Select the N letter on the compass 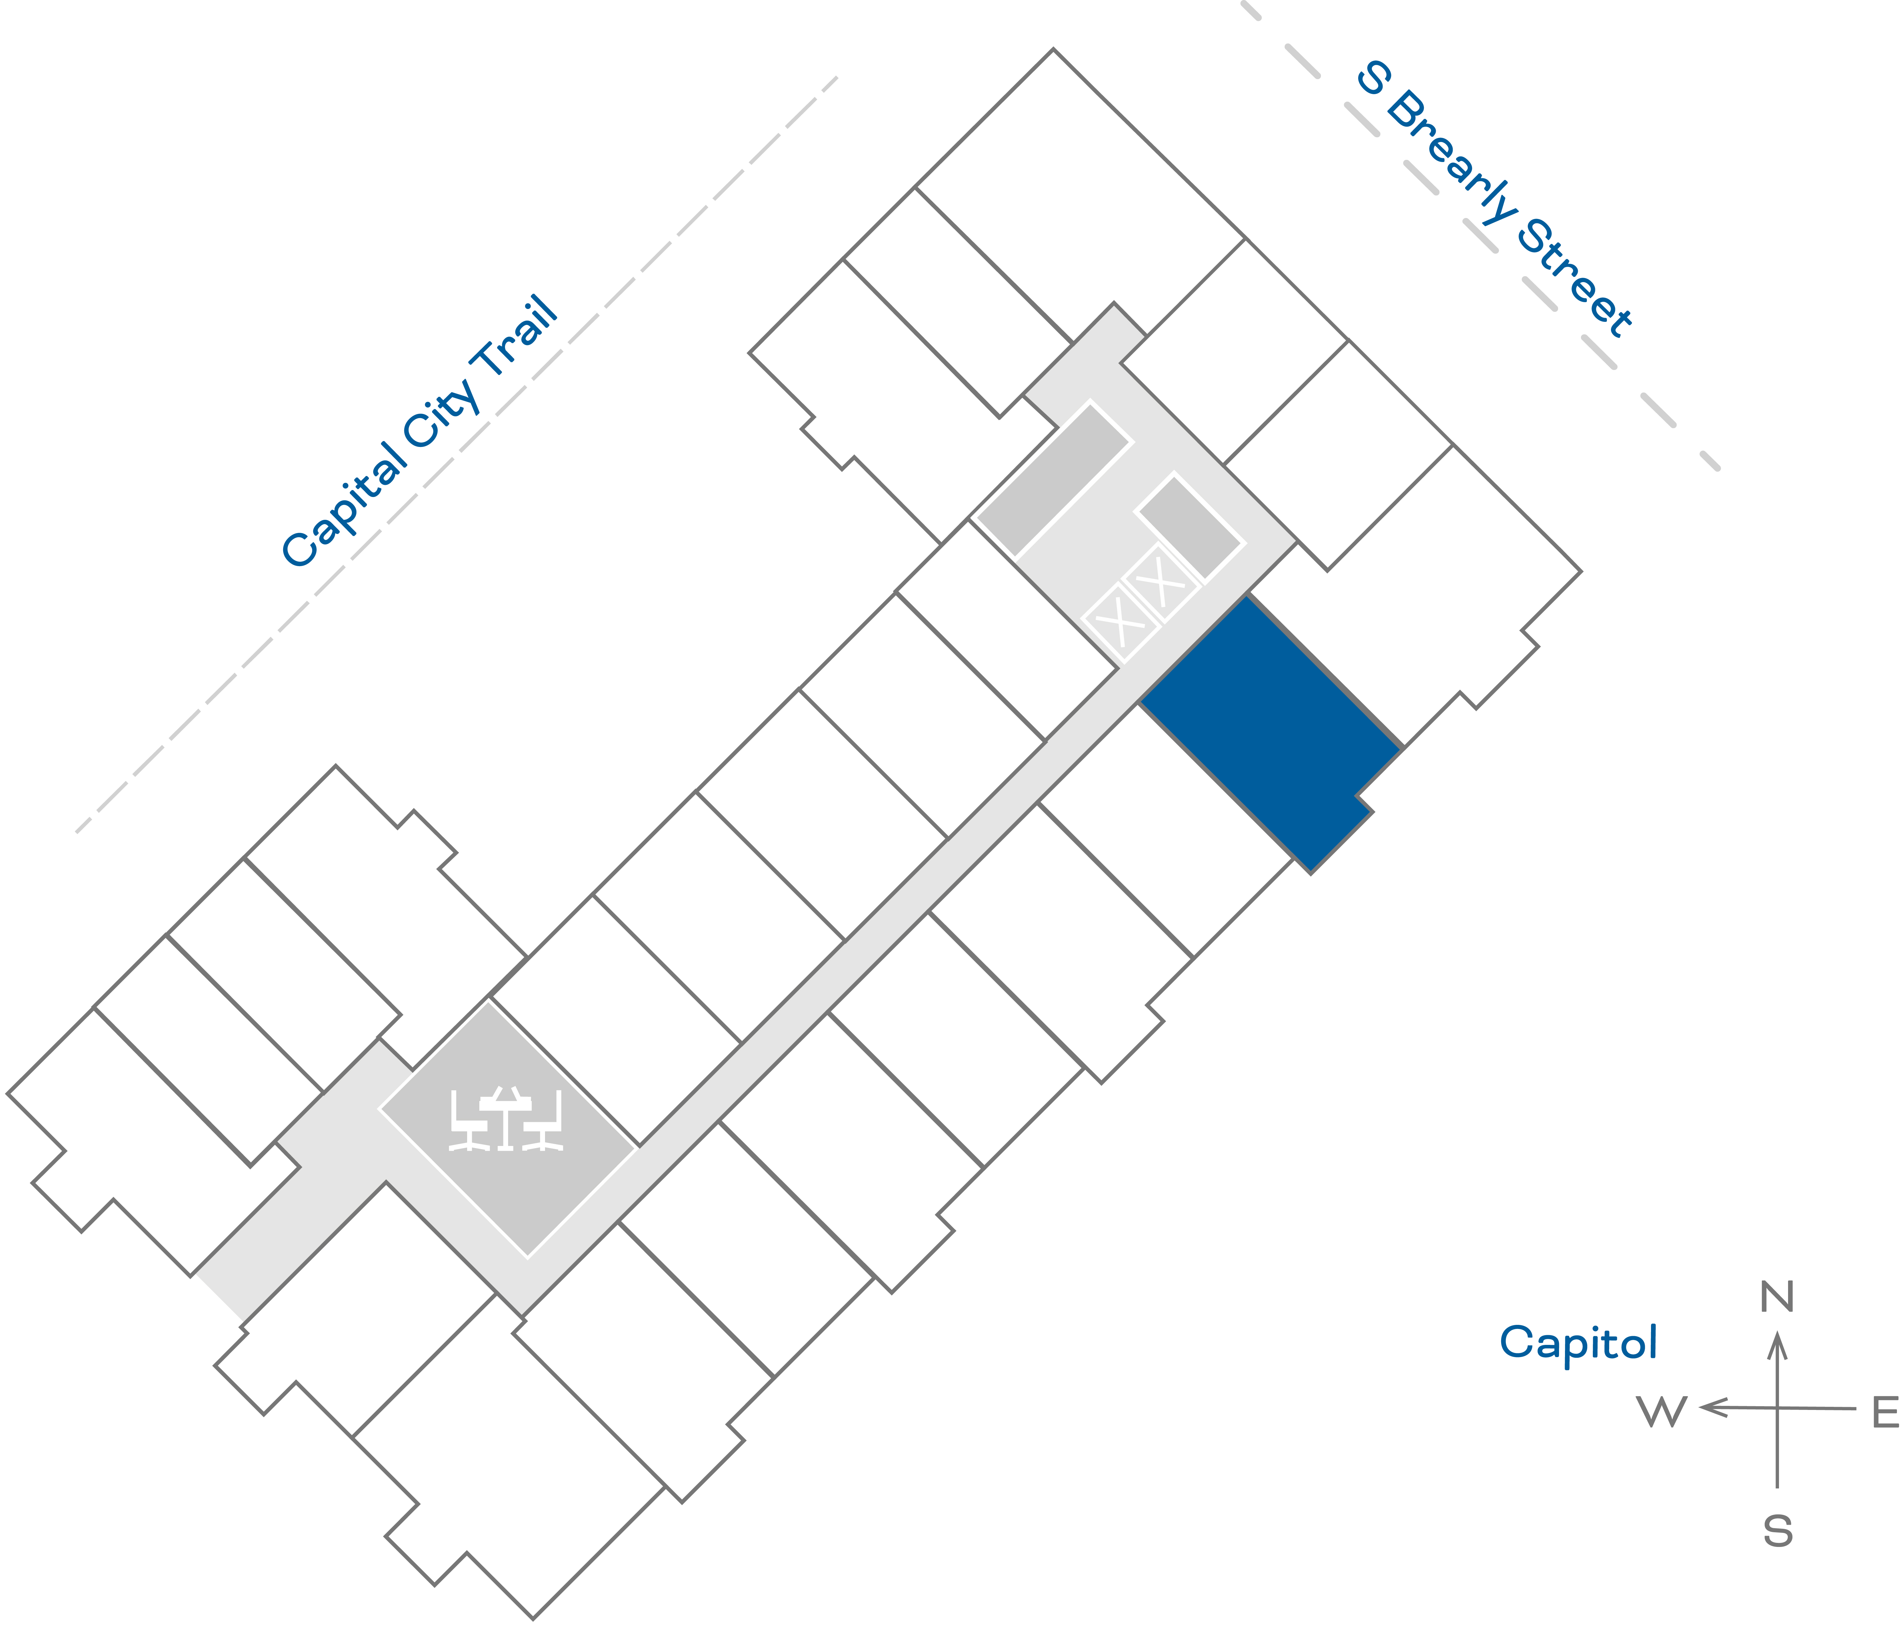coord(1777,1298)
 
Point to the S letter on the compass coord(1777,1532)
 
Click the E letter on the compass coord(1884,1412)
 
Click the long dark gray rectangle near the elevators coord(1052,479)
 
